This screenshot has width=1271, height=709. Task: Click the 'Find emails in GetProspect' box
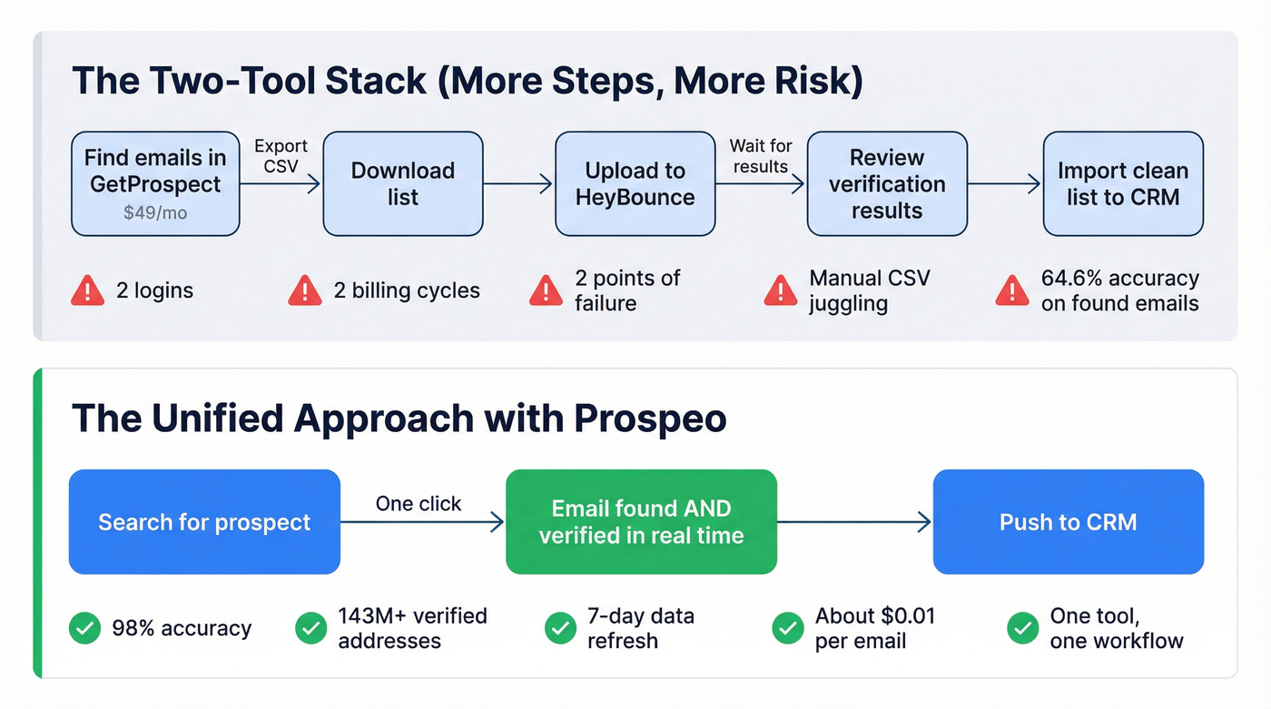click(155, 183)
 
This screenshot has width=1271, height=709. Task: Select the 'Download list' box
click(402, 183)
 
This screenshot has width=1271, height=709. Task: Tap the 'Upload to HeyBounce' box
click(635, 183)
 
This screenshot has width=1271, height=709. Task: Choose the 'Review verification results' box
click(886, 183)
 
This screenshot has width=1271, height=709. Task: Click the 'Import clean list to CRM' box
click(1122, 183)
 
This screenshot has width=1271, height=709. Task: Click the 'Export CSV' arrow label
click(281, 155)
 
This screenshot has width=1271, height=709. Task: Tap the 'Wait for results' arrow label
click(760, 155)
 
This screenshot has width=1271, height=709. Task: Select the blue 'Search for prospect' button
click(204, 522)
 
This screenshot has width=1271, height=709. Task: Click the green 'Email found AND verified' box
click(641, 522)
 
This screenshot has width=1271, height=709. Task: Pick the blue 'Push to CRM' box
click(1068, 522)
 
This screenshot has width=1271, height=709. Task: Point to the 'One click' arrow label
click(419, 504)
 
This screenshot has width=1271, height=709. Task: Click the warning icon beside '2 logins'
click(87, 290)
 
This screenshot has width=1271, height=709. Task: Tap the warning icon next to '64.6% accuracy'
click(1012, 290)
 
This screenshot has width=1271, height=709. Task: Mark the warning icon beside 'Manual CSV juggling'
click(780, 290)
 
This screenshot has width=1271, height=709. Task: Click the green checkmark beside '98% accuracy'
click(84, 628)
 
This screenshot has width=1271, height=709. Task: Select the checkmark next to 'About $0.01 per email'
click(787, 628)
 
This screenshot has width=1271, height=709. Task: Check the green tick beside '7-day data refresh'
click(559, 628)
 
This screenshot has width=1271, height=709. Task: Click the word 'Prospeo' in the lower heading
click(650, 419)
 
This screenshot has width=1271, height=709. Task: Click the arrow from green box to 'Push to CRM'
click(854, 522)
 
